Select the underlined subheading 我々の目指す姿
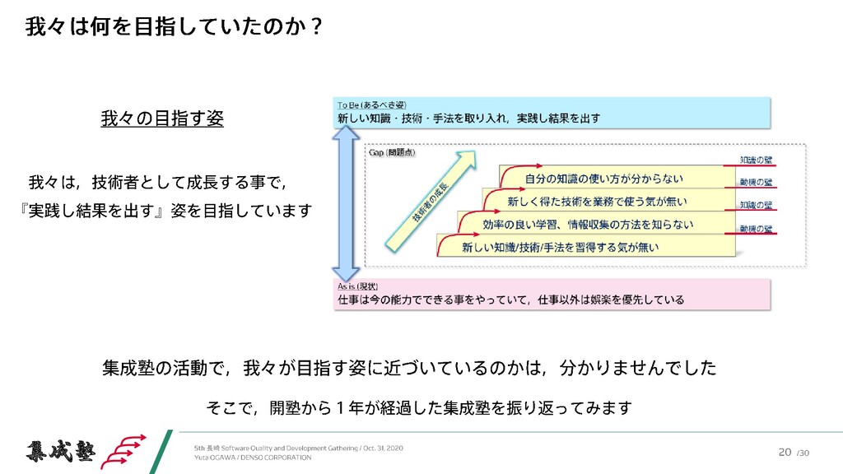click(x=161, y=119)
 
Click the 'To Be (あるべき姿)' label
click(x=371, y=105)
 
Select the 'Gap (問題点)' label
click(x=392, y=152)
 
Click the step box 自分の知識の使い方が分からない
click(x=603, y=177)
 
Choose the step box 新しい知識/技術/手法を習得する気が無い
click(x=560, y=246)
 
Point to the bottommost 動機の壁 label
click(x=756, y=227)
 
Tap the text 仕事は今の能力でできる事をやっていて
click(x=436, y=300)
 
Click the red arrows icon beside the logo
click(x=127, y=450)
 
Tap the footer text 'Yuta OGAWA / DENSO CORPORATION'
click(x=253, y=458)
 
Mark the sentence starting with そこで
click(x=417, y=407)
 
